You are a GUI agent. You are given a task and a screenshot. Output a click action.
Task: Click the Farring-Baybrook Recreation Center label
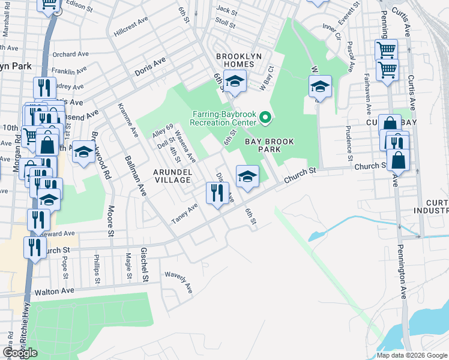coord(224,118)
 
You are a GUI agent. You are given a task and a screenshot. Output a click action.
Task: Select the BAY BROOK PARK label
coord(270,146)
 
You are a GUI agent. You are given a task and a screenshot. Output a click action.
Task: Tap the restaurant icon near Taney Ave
coord(217,193)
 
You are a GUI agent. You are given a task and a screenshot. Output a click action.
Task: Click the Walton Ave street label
coord(54,291)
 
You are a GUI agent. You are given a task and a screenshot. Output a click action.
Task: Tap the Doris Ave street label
coord(150,67)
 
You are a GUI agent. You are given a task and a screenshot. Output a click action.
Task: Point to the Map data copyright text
coord(411,355)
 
